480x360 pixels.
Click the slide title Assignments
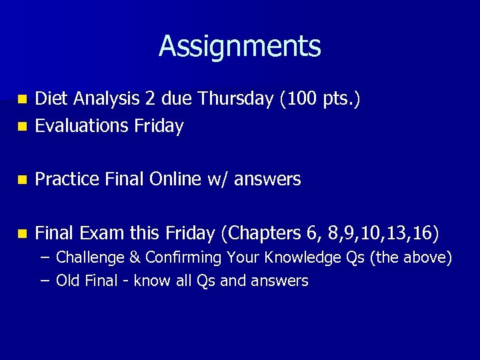240,47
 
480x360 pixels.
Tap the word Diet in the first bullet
51,99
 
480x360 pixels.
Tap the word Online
175,179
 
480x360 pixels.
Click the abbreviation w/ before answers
218,180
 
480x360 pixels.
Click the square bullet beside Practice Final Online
23,180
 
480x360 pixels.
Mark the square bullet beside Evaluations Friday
23,126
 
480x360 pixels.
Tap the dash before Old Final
44,281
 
